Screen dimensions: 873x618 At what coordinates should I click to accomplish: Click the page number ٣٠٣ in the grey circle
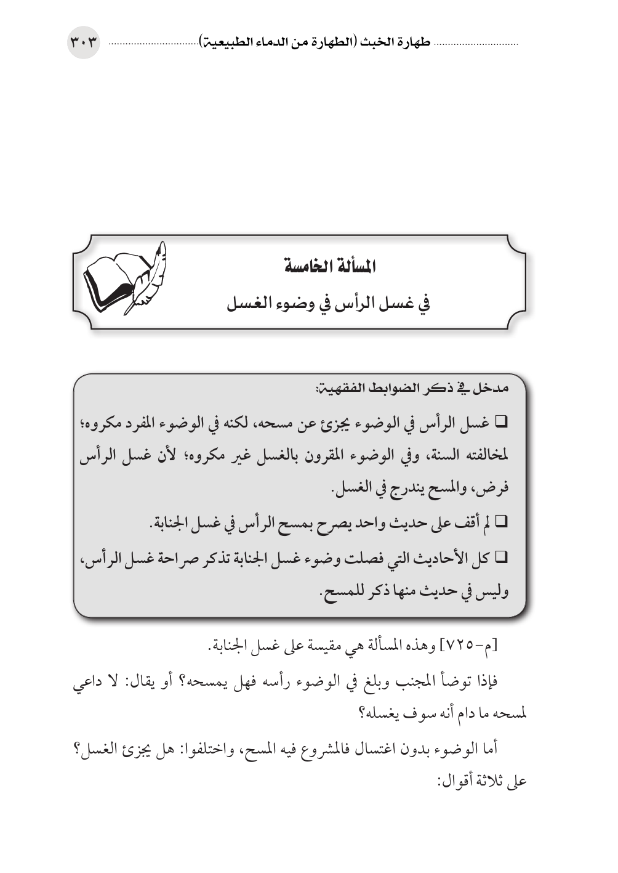point(83,43)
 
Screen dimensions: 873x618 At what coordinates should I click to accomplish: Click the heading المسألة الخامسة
point(326,267)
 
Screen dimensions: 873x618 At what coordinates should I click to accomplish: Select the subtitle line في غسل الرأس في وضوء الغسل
point(328,303)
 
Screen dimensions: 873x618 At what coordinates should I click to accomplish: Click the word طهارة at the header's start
point(414,43)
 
